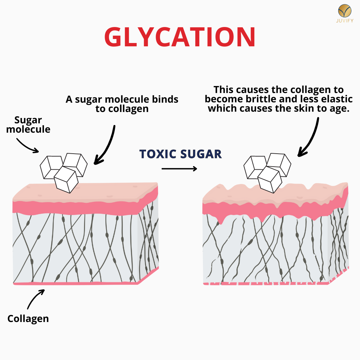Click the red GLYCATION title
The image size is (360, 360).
(x=180, y=37)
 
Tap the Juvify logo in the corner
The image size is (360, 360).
(x=345, y=13)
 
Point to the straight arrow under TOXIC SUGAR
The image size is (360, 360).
(x=179, y=169)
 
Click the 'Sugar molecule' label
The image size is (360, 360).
(x=28, y=125)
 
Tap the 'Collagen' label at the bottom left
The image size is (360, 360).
(x=28, y=318)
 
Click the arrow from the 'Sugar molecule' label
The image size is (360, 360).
(x=27, y=146)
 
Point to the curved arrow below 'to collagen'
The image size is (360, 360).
(x=108, y=145)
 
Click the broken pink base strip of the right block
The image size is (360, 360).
(x=267, y=283)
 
